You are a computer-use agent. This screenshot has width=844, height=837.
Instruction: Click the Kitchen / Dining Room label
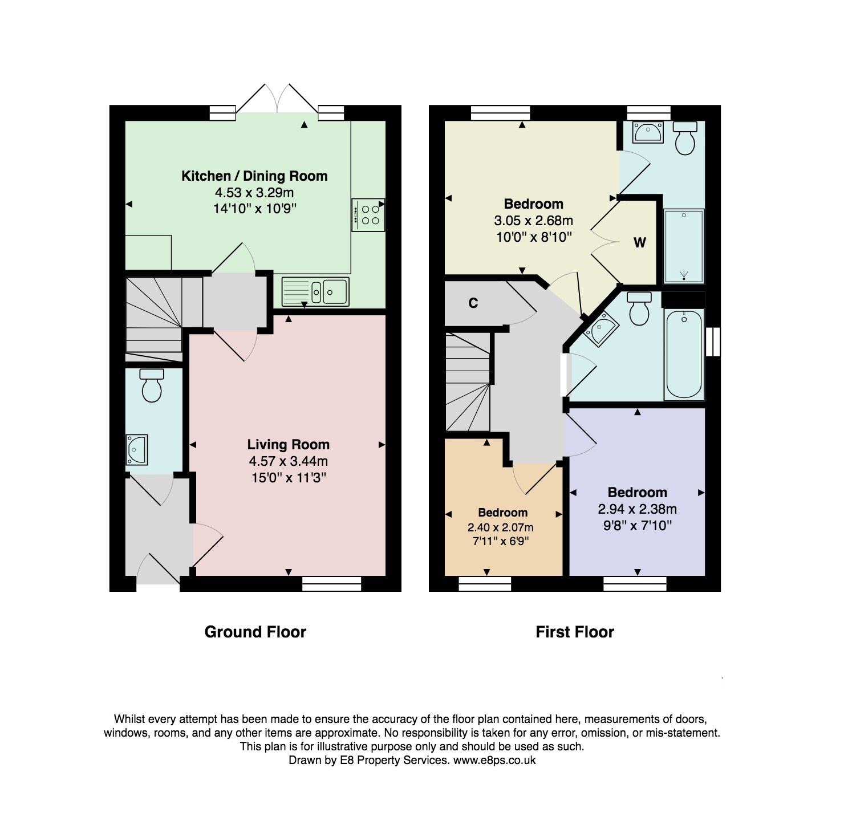pos(254,176)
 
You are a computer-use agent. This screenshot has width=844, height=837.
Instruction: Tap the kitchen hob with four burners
pos(368,214)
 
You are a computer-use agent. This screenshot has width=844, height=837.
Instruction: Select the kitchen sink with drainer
pos(315,291)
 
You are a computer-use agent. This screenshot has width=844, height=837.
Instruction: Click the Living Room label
pos(288,445)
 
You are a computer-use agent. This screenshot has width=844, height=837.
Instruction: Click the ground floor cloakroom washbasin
pos(137,449)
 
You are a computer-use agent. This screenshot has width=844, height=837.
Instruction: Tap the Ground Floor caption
pos(255,632)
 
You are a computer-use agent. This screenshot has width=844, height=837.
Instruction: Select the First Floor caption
pos(575,632)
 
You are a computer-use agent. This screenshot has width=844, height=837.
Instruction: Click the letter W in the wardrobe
pos(640,243)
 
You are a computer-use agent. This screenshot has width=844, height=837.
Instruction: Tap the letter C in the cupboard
pos(473,303)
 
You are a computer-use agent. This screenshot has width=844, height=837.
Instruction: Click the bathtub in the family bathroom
pos(684,354)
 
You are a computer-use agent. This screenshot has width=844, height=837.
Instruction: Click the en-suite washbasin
pos(648,132)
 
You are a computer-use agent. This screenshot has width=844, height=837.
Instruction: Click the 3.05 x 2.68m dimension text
pos(533,221)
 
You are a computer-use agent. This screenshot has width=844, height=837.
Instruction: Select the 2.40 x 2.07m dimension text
pos(501,527)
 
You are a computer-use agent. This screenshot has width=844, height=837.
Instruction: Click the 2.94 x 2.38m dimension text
pos(638,509)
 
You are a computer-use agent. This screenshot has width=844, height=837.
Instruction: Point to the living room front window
pos(331,583)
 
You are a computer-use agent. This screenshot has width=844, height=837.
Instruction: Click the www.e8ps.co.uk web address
pos(494,760)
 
